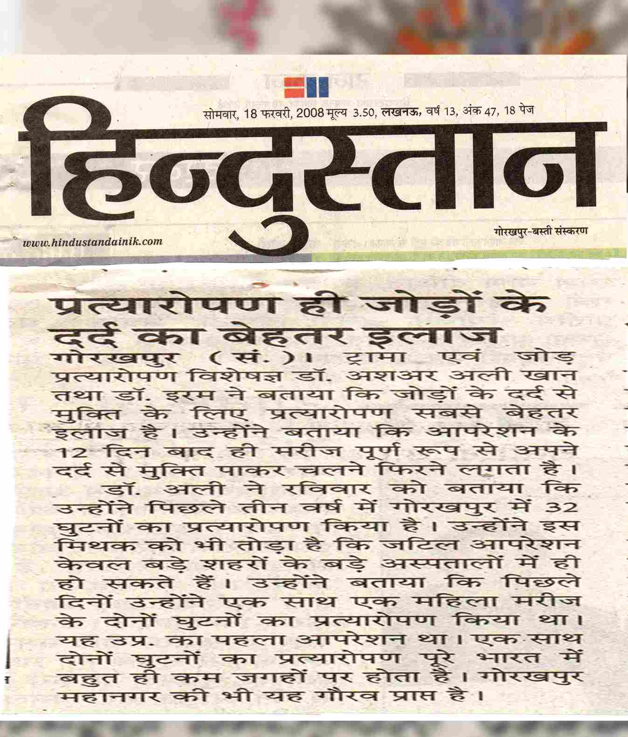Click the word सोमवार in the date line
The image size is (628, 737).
click(x=220, y=113)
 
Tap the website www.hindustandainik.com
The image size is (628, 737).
click(x=93, y=241)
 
